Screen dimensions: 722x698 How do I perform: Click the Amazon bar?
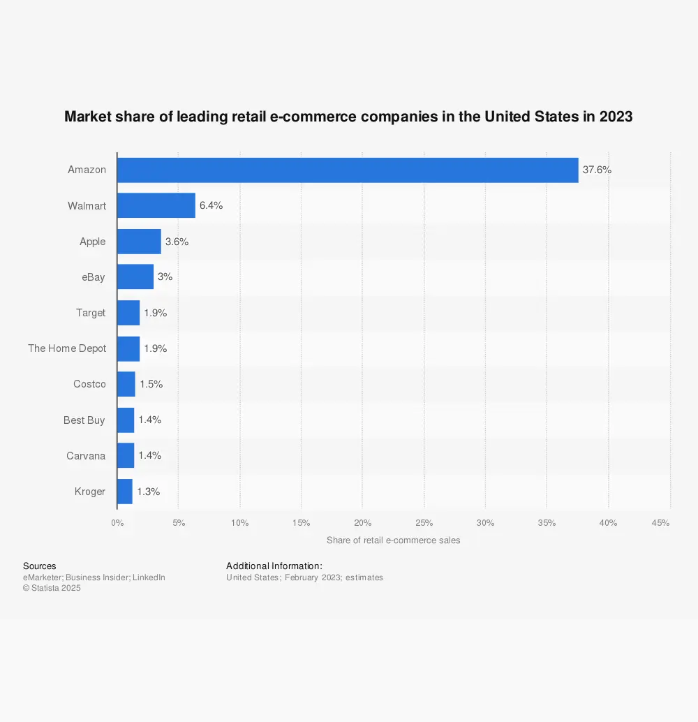[348, 170]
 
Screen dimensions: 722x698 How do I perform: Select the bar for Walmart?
[156, 206]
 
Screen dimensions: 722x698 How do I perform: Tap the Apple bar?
[139, 242]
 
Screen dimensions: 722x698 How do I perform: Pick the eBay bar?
[135, 277]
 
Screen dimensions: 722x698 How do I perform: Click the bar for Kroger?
[125, 492]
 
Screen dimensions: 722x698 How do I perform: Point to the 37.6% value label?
[597, 170]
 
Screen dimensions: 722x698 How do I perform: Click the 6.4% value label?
[211, 206]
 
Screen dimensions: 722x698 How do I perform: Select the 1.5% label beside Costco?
[150, 384]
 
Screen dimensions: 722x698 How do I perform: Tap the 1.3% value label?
[148, 492]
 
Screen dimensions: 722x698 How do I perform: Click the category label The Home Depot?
[67, 348]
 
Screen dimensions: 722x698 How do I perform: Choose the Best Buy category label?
[84, 420]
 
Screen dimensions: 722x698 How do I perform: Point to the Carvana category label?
[86, 456]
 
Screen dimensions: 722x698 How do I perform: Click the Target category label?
[91, 313]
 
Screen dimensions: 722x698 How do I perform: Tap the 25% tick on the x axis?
[424, 523]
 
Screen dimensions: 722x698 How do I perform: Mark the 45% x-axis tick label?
[661, 523]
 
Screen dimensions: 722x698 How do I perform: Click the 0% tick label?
[117, 523]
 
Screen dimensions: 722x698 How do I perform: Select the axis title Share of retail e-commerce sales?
[393, 540]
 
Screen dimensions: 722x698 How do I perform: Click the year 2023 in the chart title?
[615, 117]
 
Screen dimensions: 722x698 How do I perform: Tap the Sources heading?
[39, 566]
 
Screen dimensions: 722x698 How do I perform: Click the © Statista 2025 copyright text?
[52, 588]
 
